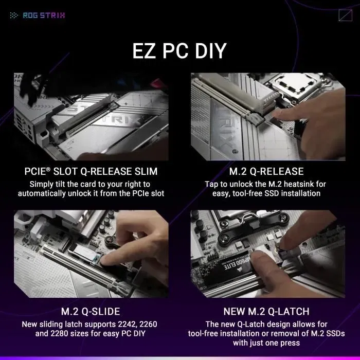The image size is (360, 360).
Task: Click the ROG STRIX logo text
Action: [x=44, y=15]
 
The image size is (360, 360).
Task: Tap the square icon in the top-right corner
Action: [x=345, y=15]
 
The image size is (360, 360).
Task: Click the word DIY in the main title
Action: [x=209, y=52]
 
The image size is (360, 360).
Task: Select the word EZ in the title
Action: [x=146, y=52]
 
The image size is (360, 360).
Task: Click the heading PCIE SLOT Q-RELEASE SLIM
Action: [x=91, y=171]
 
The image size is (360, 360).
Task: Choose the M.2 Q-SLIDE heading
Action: [x=91, y=311]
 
